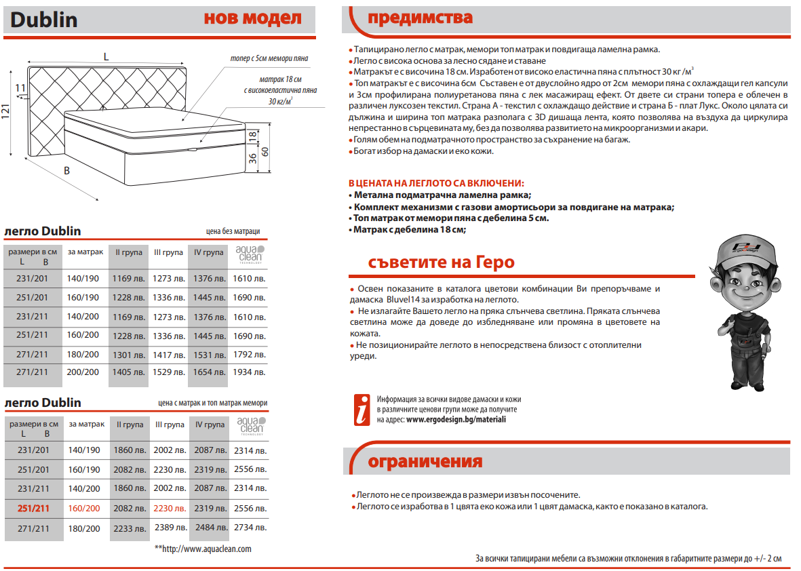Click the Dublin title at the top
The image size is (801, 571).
coord(44,20)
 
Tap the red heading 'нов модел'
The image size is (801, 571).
coord(252,18)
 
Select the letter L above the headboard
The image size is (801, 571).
coord(106,57)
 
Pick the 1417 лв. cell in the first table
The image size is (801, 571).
coord(169,354)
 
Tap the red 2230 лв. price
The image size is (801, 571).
coord(169,509)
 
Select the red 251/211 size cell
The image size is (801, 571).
coord(33,508)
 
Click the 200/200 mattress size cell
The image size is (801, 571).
coord(83,372)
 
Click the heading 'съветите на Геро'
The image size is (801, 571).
coord(441,262)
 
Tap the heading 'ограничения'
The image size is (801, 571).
coord(425,462)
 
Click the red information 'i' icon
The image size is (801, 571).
coord(363,410)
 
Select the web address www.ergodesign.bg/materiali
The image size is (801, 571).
coord(456,420)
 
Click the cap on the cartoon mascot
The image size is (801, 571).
coord(744,248)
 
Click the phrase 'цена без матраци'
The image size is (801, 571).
coord(233,231)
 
